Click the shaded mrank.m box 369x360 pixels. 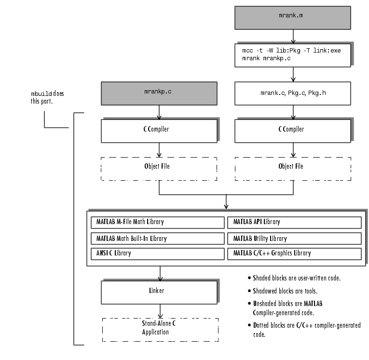point(292,17)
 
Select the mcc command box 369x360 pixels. point(292,53)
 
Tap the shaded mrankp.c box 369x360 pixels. point(159,93)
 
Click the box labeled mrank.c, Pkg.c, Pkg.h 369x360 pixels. point(292,93)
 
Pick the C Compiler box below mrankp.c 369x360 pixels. point(159,129)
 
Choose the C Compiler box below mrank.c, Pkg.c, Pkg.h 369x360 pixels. point(292,129)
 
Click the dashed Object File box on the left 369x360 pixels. point(159,168)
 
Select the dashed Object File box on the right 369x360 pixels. point(292,168)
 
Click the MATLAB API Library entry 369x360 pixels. point(294,222)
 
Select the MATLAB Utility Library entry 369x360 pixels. point(294,239)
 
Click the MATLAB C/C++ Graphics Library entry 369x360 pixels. point(294,253)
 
